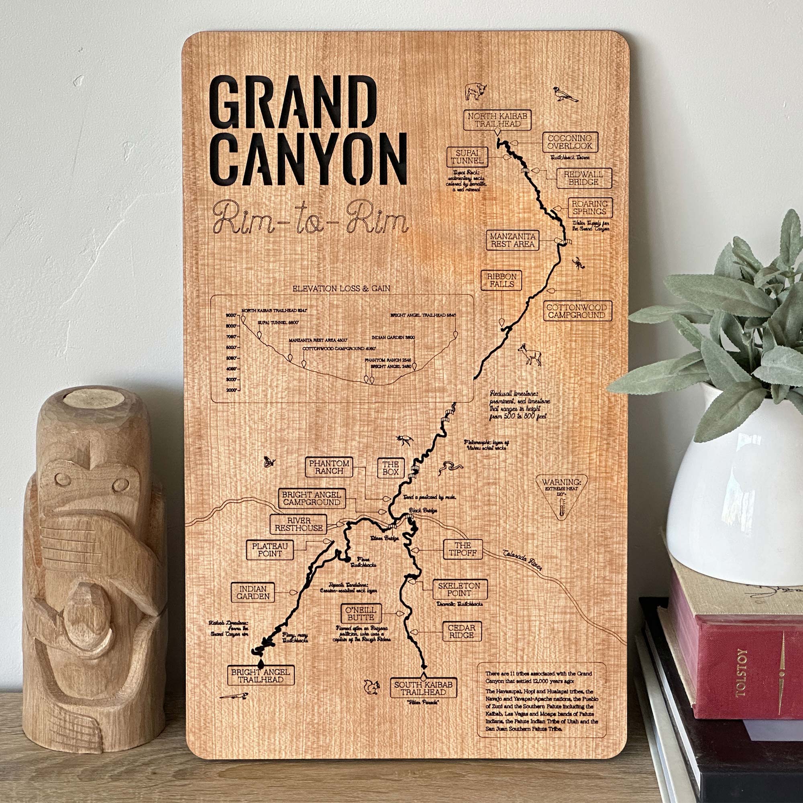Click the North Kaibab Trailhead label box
pyautogui.click(x=497, y=120)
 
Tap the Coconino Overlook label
pyautogui.click(x=569, y=142)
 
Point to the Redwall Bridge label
pyautogui.click(x=583, y=178)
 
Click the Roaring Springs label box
pyautogui.click(x=589, y=208)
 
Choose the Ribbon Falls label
pyautogui.click(x=501, y=280)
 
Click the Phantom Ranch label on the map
pyautogui.click(x=329, y=467)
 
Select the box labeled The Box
pyautogui.click(x=390, y=468)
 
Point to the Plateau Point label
pyautogui.click(x=269, y=550)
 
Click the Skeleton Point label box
pyautogui.click(x=459, y=589)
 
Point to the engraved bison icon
pyautogui.click(x=475, y=91)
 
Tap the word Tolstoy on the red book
pyautogui.click(x=741, y=673)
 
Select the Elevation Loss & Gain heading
pyautogui.click(x=341, y=288)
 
